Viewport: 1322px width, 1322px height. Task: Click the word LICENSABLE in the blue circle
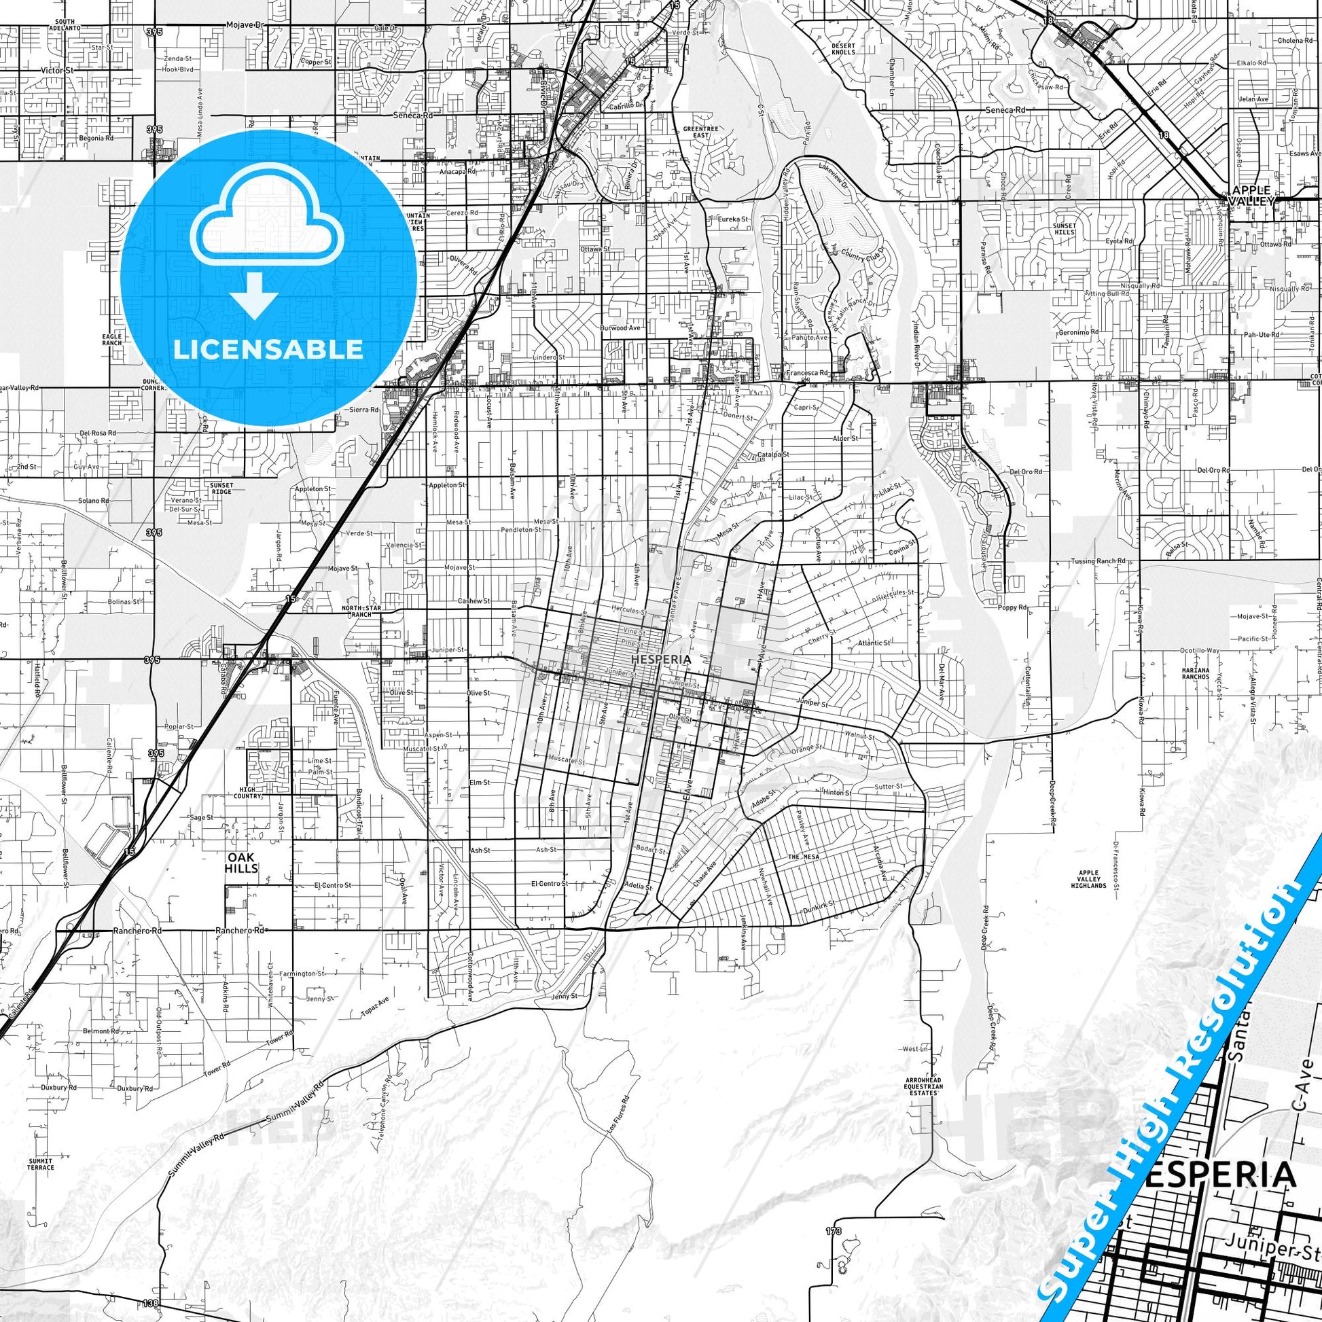click(x=268, y=349)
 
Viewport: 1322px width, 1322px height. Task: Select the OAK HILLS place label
click(x=242, y=863)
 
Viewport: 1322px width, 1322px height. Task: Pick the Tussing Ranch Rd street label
click(x=1099, y=561)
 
